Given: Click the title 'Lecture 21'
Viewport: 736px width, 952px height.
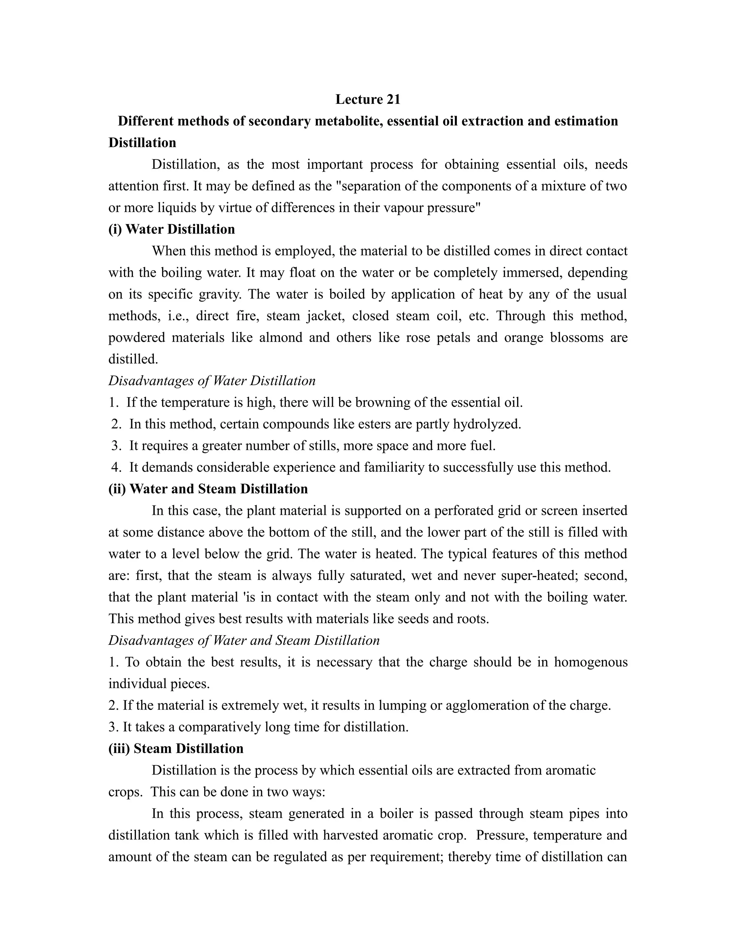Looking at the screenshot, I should pos(368,100).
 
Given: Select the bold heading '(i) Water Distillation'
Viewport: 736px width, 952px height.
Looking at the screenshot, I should pos(171,229).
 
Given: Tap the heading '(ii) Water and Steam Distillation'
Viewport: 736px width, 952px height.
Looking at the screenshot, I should pos(208,489).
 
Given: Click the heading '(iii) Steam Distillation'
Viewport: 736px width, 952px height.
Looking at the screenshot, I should pos(176,748).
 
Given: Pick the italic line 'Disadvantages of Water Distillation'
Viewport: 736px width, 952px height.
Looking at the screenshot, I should pos(212,381).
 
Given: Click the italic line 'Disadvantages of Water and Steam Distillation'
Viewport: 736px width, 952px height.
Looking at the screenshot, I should pos(244,640).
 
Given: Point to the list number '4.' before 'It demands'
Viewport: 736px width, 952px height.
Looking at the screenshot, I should pos(116,467).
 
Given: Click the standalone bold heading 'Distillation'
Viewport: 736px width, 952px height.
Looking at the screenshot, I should pos(142,143).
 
